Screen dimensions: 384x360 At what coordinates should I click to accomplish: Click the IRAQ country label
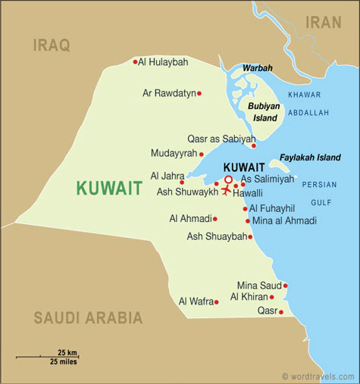point(52,46)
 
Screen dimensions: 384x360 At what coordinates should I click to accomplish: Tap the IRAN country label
point(324,23)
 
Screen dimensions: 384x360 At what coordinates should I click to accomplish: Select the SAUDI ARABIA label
point(87,317)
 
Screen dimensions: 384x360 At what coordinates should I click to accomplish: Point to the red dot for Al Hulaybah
point(135,62)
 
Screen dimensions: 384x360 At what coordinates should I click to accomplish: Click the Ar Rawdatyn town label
point(168,93)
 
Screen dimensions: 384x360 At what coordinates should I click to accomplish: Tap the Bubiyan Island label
point(265,111)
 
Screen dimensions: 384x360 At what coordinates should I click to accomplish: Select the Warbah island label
point(257,68)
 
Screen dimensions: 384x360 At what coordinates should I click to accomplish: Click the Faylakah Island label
point(310,158)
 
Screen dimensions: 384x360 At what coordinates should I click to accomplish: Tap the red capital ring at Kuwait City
point(228,180)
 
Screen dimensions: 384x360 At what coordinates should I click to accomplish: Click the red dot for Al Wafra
point(216,302)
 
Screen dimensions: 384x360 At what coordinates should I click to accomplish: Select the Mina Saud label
point(259,286)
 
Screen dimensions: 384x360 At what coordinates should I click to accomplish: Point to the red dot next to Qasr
point(281,311)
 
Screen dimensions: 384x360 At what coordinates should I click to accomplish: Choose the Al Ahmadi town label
point(189,219)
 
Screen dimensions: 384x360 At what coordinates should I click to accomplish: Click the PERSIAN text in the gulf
point(319,184)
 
